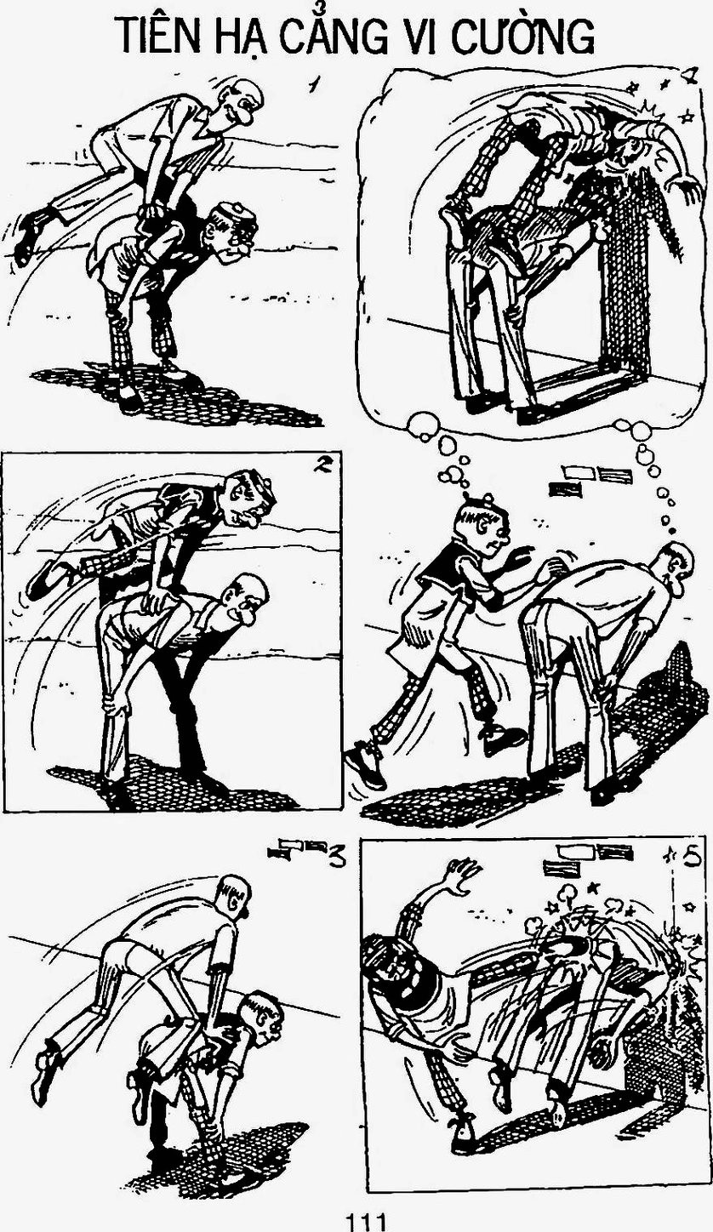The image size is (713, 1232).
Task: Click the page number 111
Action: (364, 1222)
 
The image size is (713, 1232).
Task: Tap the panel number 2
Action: (320, 465)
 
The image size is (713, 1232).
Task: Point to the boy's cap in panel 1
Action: (237, 217)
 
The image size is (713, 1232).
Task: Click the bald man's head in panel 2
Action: (247, 599)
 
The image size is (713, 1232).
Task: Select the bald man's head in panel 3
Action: (234, 898)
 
